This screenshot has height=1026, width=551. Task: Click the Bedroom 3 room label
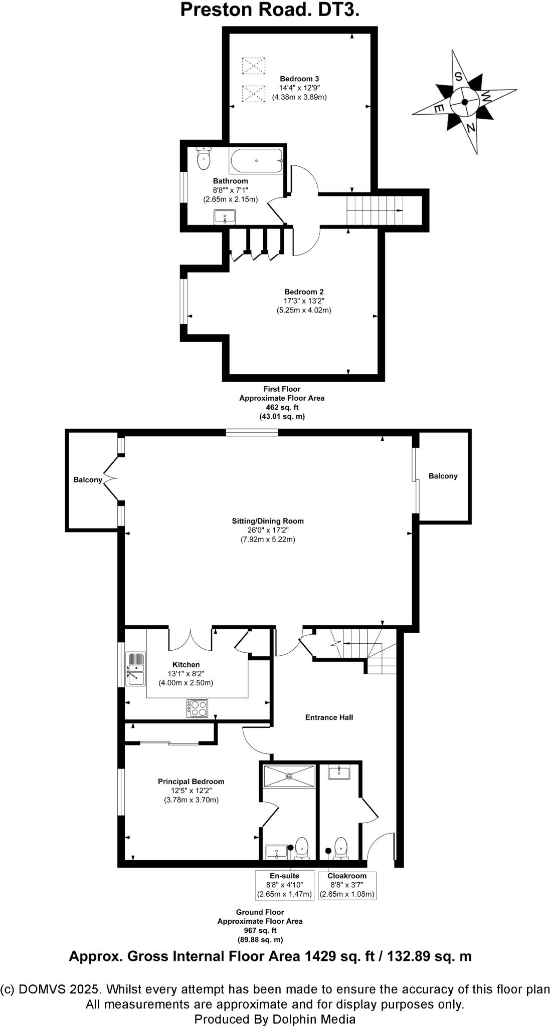[299, 79]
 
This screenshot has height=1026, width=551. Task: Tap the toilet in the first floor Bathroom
[204, 159]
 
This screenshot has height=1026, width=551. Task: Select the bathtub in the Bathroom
[256, 161]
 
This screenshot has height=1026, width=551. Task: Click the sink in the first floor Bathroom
[225, 217]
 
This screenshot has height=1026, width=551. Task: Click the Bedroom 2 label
[304, 292]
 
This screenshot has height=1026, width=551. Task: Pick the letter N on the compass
[470, 128]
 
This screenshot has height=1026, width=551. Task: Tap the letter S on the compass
[458, 76]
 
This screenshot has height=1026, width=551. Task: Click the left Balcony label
[88, 479]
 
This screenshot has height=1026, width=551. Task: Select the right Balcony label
[443, 476]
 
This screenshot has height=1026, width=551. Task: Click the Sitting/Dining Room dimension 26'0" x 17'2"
[268, 530]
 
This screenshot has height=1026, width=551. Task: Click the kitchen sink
[135, 669]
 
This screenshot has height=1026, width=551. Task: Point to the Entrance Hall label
[329, 717]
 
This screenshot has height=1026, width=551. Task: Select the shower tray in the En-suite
[289, 776]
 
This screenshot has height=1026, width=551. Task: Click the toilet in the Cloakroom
[341, 845]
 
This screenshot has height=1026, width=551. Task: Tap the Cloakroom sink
[339, 772]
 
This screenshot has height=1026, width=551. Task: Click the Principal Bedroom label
[191, 781]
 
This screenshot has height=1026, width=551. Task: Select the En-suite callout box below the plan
[284, 885]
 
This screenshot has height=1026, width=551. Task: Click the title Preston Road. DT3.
[270, 10]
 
